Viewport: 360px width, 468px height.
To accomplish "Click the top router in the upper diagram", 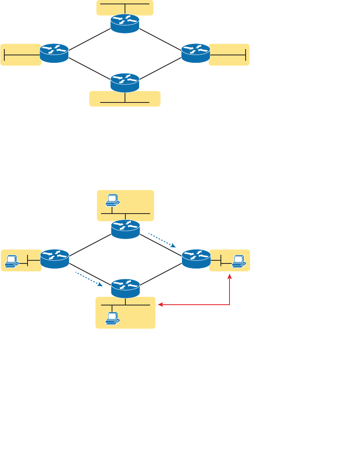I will click(x=125, y=24).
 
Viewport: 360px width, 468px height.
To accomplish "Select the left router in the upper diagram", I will click(x=54, y=53).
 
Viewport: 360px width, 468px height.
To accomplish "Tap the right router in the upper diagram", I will click(x=196, y=53).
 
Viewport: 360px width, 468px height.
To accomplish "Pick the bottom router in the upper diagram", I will click(x=125, y=82).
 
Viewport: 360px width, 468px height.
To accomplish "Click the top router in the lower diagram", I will click(x=125, y=229).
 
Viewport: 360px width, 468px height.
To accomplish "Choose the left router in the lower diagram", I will click(x=55, y=259).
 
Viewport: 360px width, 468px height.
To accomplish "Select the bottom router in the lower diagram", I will click(x=125, y=288).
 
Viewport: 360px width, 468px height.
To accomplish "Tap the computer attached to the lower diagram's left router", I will click(x=11, y=261).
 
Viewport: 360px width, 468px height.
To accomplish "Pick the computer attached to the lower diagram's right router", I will click(x=238, y=261).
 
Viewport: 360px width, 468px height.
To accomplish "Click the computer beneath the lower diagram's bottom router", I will click(x=112, y=318).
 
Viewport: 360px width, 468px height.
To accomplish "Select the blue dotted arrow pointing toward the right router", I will click(x=162, y=240).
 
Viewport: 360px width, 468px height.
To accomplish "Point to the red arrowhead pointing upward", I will click(x=230, y=277).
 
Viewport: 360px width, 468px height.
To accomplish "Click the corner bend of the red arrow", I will click(x=230, y=304).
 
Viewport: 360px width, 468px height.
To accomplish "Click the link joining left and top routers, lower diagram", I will click(x=90, y=244).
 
